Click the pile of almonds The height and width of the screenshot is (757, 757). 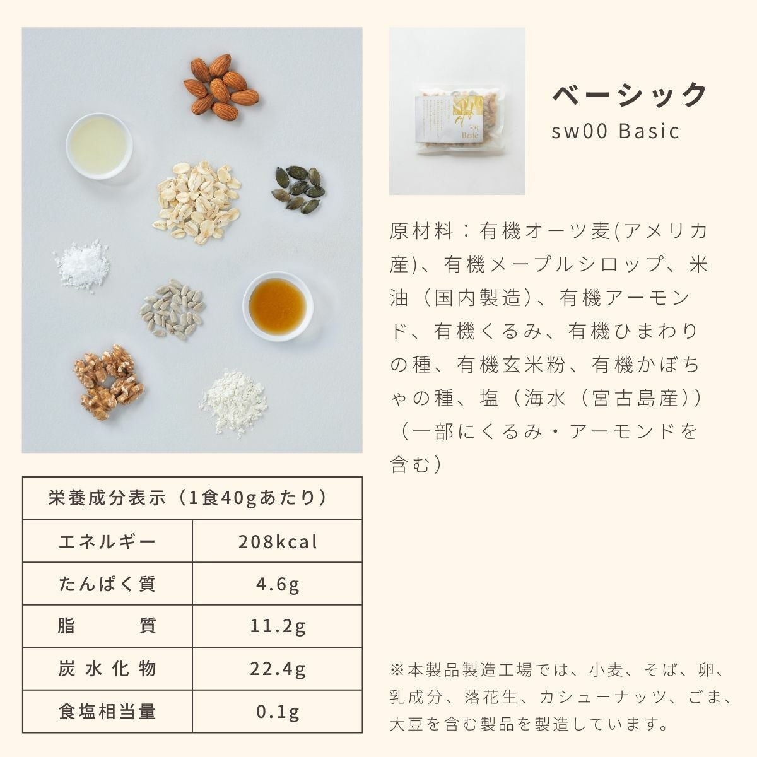pos(221,87)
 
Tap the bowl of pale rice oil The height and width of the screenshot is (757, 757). pos(99,146)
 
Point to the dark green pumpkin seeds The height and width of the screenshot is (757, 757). pos(298,189)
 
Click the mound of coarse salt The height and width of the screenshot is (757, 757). pos(82,265)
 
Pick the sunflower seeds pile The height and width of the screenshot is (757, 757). pos(172,309)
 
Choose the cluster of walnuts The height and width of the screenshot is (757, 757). pos(109,382)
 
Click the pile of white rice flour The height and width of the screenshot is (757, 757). pos(235,402)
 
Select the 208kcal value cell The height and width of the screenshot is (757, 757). pos(278,542)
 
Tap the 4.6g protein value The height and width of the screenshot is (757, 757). pos(278,584)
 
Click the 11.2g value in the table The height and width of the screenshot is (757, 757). pos(278,626)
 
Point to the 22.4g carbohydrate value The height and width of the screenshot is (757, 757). pos(278,669)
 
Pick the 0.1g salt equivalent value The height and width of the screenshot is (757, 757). pos(278,712)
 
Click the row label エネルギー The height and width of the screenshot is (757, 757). pos(107,542)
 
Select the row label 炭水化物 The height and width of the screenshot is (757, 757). pos(107,669)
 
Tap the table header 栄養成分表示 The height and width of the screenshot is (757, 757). pos(107,498)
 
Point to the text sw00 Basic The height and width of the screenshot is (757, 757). pos(615,131)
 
